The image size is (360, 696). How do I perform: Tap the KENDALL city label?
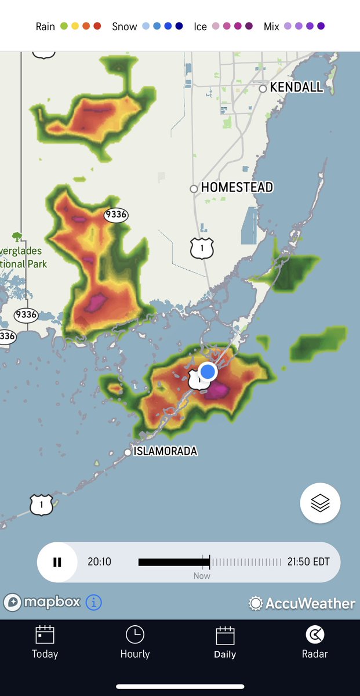point(296,88)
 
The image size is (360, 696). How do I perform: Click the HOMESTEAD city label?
point(237,188)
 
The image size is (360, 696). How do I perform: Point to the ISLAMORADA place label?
point(165,451)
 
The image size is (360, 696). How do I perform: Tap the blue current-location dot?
point(208,371)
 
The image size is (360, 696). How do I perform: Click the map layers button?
point(320,503)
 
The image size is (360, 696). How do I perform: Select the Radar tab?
point(315,642)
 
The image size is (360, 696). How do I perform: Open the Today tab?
point(45,642)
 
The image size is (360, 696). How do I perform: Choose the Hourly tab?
point(134,642)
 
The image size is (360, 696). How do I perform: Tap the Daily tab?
point(225,642)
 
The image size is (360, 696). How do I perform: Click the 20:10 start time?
point(99,562)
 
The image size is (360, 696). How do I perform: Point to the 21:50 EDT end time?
point(309,562)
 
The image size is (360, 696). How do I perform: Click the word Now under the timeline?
point(202,576)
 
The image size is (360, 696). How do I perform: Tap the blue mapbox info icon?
point(94,603)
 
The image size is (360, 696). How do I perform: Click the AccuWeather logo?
point(302,603)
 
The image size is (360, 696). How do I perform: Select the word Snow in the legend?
point(124,27)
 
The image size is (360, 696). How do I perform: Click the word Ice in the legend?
point(201,27)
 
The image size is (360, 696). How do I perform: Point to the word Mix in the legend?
point(271,27)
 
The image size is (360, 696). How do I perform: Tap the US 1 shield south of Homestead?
point(202,248)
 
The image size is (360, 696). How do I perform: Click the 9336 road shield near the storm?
point(116,215)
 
